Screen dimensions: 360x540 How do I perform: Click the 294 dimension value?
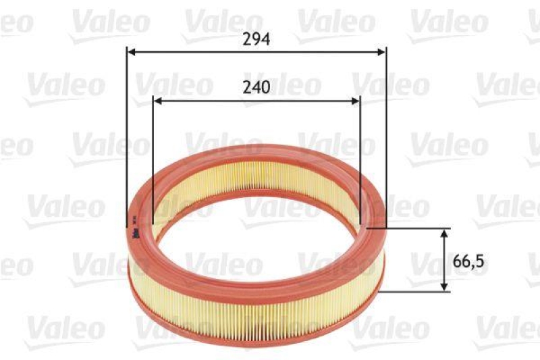[256, 39]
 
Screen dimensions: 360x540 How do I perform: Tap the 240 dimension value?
[256, 87]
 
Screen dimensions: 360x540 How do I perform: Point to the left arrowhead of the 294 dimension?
[131, 51]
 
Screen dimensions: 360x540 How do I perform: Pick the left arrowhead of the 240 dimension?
[157, 101]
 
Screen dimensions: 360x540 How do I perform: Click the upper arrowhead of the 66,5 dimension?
[444, 233]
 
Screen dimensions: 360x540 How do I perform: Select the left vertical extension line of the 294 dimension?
[127, 135]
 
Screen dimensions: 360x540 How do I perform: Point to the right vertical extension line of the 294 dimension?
[386, 135]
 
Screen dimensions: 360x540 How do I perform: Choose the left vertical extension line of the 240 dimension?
[153, 155]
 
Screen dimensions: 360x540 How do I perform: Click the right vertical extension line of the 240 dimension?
[360, 155]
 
